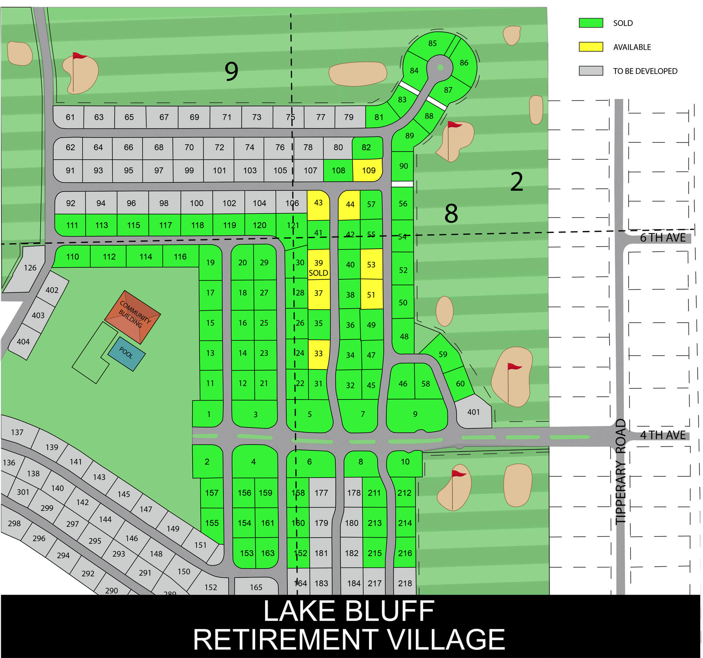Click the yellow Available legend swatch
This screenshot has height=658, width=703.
(x=591, y=47)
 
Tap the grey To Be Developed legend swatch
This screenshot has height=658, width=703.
(x=591, y=71)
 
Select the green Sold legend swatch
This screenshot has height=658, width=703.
(x=591, y=23)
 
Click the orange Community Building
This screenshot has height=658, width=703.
(x=133, y=317)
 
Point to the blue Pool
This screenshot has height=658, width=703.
(x=126, y=353)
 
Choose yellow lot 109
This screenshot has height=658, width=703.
(x=368, y=170)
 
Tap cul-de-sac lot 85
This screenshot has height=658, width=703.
(x=432, y=44)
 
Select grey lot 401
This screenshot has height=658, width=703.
(x=473, y=412)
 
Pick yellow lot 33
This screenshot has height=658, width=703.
(x=318, y=354)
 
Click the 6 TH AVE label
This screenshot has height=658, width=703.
(x=663, y=238)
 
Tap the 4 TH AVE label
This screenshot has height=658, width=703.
(x=663, y=435)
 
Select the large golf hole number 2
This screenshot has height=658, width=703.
(x=516, y=182)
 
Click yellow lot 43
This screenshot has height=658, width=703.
(x=318, y=203)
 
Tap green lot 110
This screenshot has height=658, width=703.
(x=72, y=257)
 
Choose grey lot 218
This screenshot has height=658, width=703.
(x=405, y=583)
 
